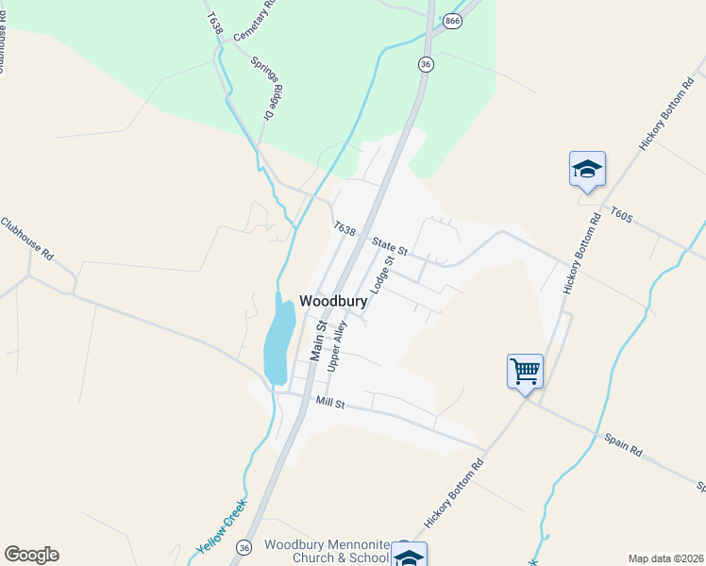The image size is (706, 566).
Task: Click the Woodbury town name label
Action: (x=333, y=300)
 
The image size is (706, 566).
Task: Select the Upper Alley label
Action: (x=337, y=345)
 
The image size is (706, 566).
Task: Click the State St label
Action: (x=388, y=246)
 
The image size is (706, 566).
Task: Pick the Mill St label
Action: (x=331, y=403)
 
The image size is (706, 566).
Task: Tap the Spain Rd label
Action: (x=623, y=444)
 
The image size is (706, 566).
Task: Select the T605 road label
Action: (x=620, y=215)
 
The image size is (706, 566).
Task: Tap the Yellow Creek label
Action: (x=221, y=526)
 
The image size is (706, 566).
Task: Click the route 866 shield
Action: (x=453, y=21)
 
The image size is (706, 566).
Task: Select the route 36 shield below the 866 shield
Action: (x=427, y=63)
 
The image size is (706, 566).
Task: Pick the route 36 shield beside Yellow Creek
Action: (x=245, y=547)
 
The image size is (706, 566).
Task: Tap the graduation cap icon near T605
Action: (x=587, y=170)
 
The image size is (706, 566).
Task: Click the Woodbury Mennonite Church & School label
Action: (x=326, y=551)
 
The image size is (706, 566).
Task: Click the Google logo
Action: (x=31, y=555)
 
